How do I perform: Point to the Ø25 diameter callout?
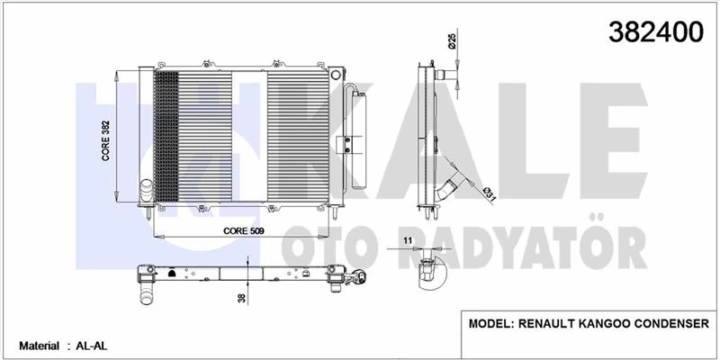(x=450, y=40)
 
